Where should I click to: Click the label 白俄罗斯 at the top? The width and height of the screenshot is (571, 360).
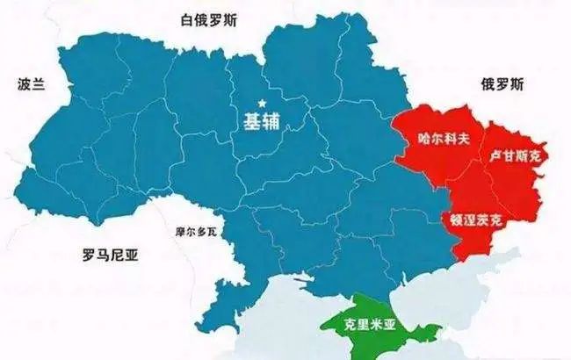pyautogui.click(x=211, y=19)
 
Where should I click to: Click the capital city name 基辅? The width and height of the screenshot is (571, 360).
pyautogui.click(x=261, y=121)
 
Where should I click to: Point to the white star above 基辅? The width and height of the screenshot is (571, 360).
pyautogui.click(x=260, y=101)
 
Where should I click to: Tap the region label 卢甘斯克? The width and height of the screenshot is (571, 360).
pyautogui.click(x=516, y=155)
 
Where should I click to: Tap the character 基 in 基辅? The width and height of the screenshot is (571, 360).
pyautogui.click(x=251, y=121)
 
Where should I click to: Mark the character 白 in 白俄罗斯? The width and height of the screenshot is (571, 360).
pyautogui.click(x=185, y=19)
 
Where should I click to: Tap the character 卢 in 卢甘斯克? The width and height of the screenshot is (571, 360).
pyautogui.click(x=494, y=155)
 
